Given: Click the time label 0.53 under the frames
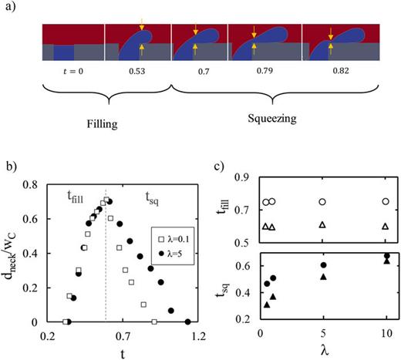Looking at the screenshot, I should pyautogui.click(x=137, y=77).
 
